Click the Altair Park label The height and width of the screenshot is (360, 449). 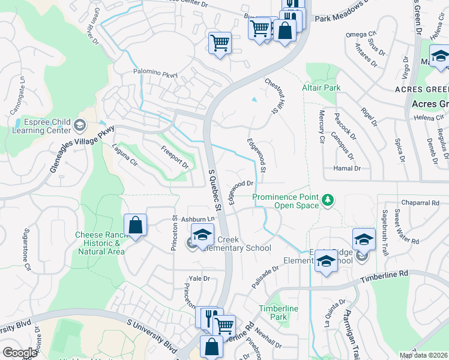(322, 88)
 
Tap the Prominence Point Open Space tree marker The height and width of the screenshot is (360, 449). (328, 199)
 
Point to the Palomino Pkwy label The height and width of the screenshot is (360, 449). (155, 73)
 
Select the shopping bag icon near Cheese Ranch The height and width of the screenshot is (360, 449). (136, 226)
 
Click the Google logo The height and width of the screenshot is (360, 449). (20, 353)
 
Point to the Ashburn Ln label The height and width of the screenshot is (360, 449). (197, 220)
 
